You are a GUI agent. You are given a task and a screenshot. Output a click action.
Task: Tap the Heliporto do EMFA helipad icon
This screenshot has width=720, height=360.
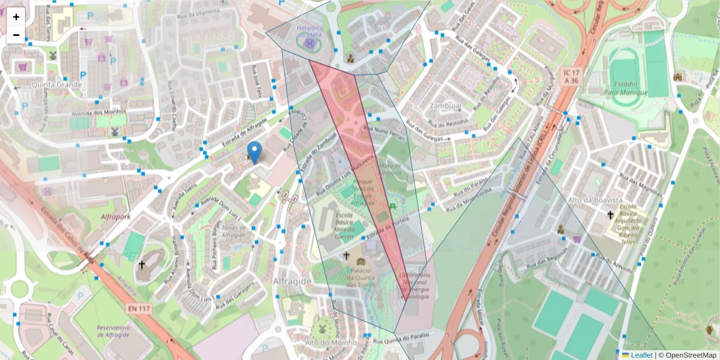309,43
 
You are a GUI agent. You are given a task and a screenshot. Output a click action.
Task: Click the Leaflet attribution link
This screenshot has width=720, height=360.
641,355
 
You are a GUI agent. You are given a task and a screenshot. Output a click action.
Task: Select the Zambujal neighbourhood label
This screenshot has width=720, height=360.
445,105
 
